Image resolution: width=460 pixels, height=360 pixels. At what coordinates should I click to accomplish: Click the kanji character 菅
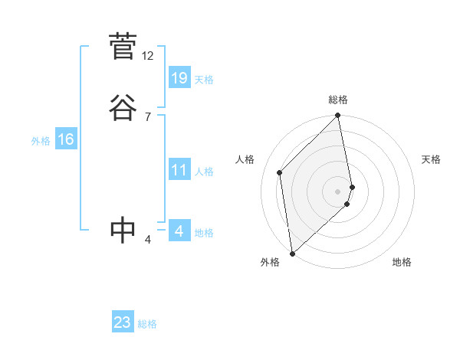click(x=123, y=47)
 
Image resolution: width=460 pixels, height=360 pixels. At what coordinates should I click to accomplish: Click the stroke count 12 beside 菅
click(x=148, y=56)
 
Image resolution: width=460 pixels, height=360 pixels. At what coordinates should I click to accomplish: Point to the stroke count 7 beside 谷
click(x=148, y=116)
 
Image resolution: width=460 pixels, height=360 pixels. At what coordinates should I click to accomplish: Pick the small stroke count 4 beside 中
click(x=148, y=240)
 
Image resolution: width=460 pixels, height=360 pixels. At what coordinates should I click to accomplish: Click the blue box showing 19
click(x=179, y=78)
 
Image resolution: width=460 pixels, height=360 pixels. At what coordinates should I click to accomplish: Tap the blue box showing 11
click(x=179, y=170)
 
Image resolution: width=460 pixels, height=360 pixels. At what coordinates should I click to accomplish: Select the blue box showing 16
click(x=65, y=139)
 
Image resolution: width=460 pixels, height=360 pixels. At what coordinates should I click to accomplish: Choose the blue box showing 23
click(x=123, y=322)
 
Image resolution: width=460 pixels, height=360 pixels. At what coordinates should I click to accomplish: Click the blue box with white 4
click(x=179, y=231)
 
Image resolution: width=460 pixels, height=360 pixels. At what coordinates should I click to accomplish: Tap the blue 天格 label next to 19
click(x=204, y=80)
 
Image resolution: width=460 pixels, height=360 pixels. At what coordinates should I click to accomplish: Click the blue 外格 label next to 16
click(x=41, y=141)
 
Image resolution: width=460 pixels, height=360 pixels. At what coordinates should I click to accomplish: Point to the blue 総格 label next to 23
click(x=147, y=324)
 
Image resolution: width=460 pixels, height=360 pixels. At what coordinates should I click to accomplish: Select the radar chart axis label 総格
click(x=338, y=100)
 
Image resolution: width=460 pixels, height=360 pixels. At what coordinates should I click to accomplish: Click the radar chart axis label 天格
click(x=431, y=159)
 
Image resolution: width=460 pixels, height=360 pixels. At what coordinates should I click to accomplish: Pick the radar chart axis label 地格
click(x=402, y=263)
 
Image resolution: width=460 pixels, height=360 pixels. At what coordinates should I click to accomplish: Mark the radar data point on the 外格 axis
click(x=291, y=253)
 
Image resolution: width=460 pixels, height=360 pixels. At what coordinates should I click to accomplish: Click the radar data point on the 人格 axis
click(x=280, y=172)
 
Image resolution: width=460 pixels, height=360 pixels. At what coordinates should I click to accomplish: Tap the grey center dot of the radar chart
click(x=338, y=191)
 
